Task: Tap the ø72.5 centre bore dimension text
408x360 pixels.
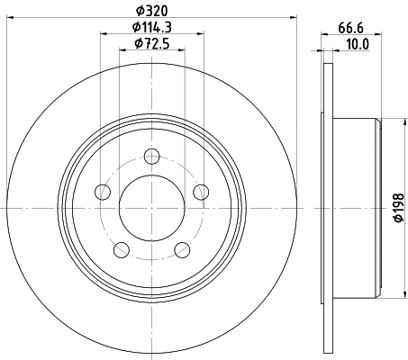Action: [x=151, y=44]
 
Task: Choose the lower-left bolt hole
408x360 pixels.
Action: [x=121, y=249]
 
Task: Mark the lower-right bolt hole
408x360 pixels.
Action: [x=183, y=249]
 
